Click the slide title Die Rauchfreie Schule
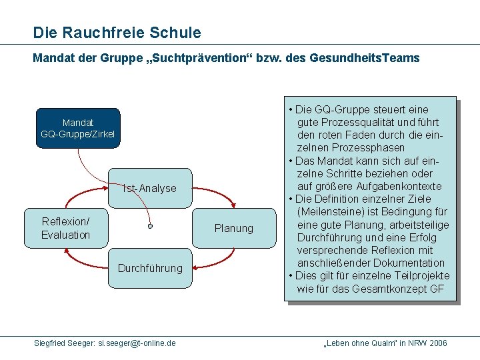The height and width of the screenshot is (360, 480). [117, 32]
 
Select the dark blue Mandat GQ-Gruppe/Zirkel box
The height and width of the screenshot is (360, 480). [78, 129]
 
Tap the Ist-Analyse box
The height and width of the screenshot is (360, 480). [150, 188]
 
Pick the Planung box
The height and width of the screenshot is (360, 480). [234, 228]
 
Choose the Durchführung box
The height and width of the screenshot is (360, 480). [150, 268]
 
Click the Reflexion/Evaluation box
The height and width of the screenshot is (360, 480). [65, 228]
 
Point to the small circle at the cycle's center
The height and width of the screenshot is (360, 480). [151, 227]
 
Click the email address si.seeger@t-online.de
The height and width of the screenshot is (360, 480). [137, 343]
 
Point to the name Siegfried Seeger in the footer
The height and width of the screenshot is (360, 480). [64, 343]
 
